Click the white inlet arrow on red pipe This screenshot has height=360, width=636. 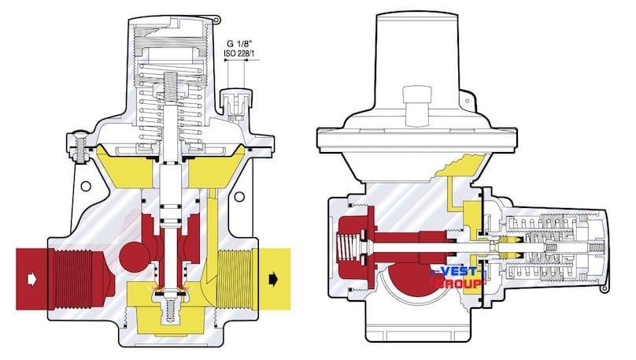click(x=31, y=279)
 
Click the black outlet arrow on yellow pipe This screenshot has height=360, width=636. click(x=274, y=279)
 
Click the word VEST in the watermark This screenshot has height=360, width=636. click(x=457, y=272)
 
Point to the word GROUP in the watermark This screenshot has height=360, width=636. click(x=459, y=284)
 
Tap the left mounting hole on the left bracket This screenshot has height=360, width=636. click(x=86, y=186)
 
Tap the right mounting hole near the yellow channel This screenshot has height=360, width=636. click(x=239, y=197)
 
